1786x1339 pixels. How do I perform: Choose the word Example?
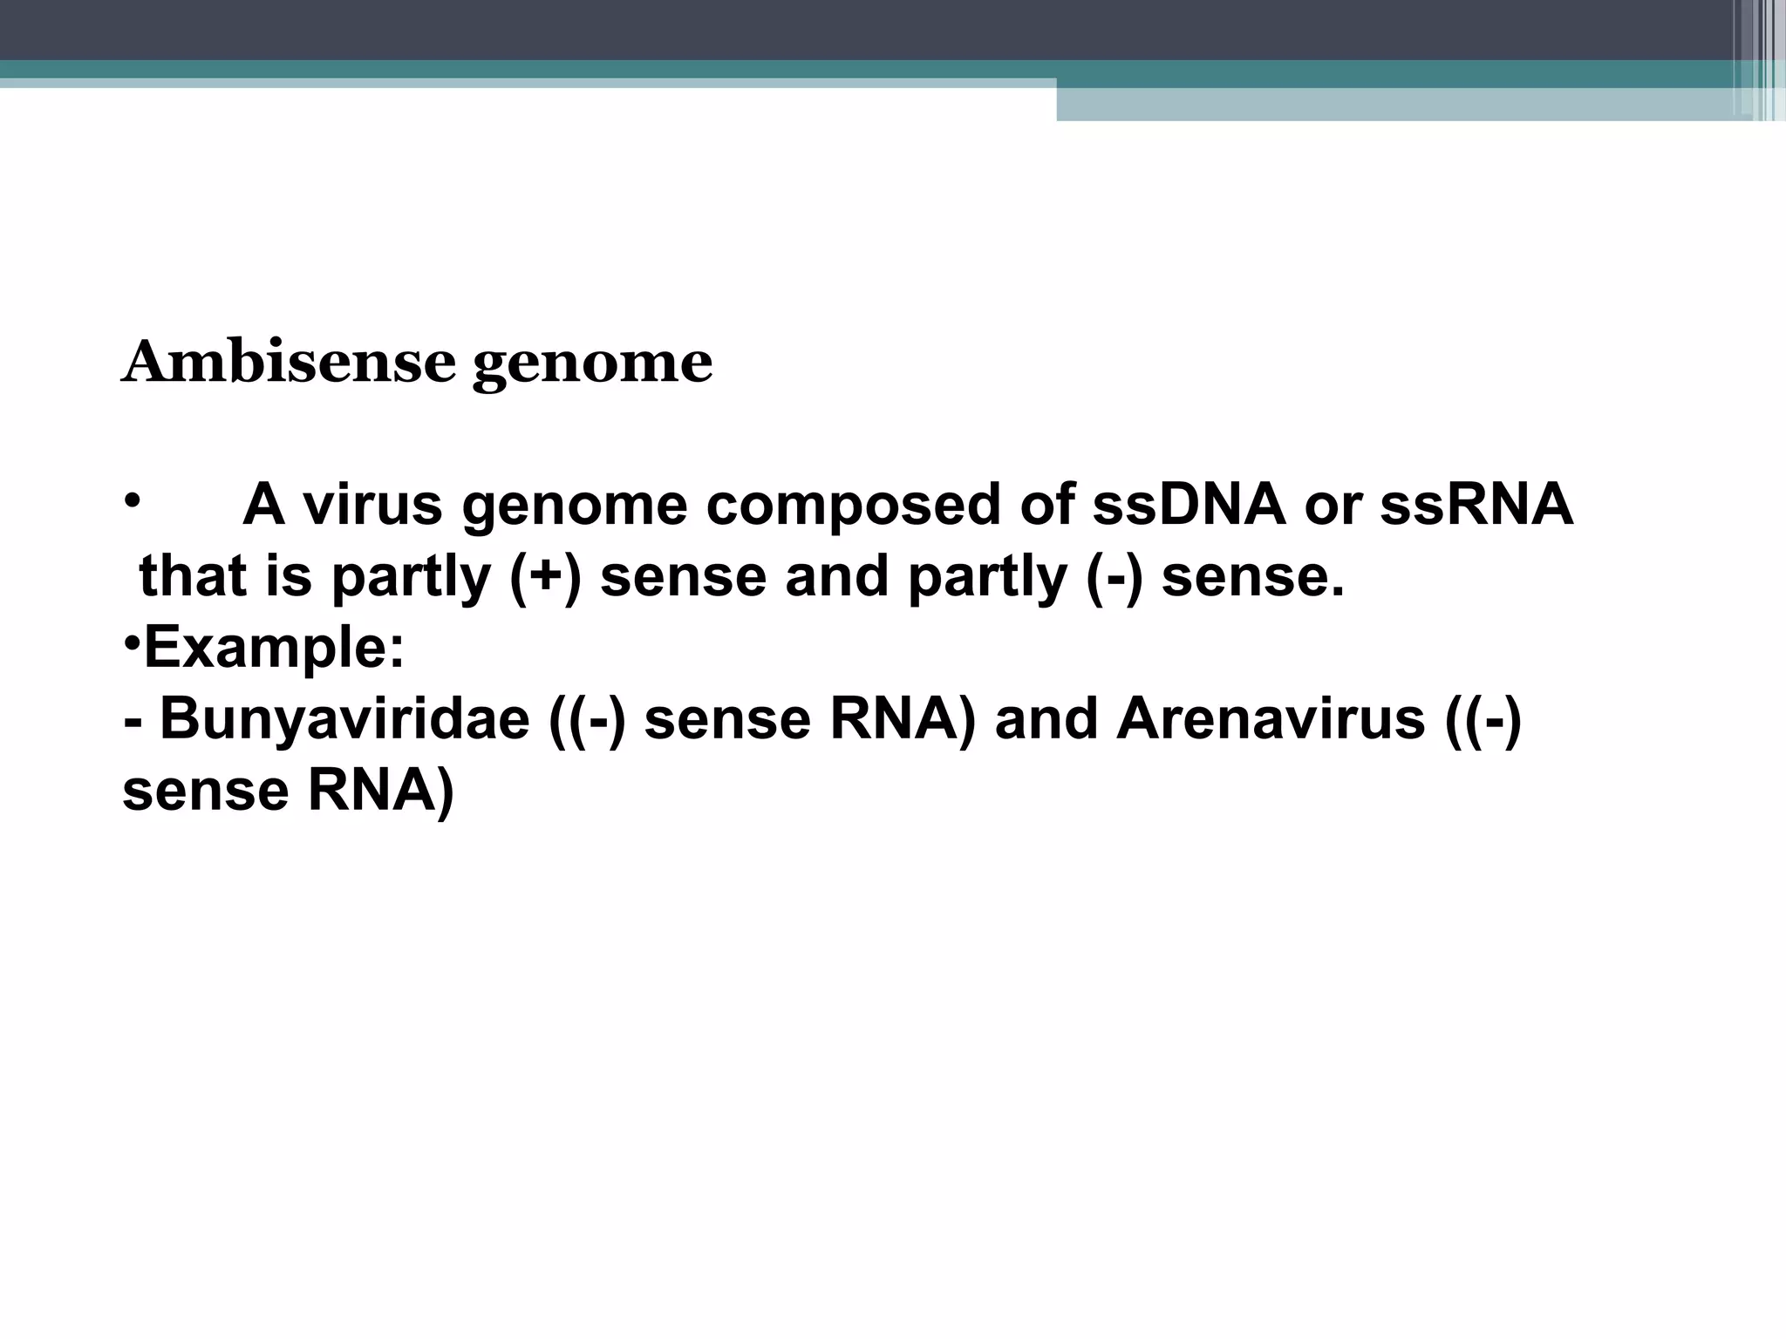(x=274, y=649)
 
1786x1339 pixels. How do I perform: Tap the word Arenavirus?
(x=1270, y=720)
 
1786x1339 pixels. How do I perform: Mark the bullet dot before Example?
(x=132, y=643)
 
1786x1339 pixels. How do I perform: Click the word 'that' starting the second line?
(x=193, y=577)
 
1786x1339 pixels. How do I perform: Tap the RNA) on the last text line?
(x=380, y=792)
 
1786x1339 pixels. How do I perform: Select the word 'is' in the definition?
(x=288, y=577)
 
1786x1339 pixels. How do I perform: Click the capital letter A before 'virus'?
(x=263, y=505)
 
